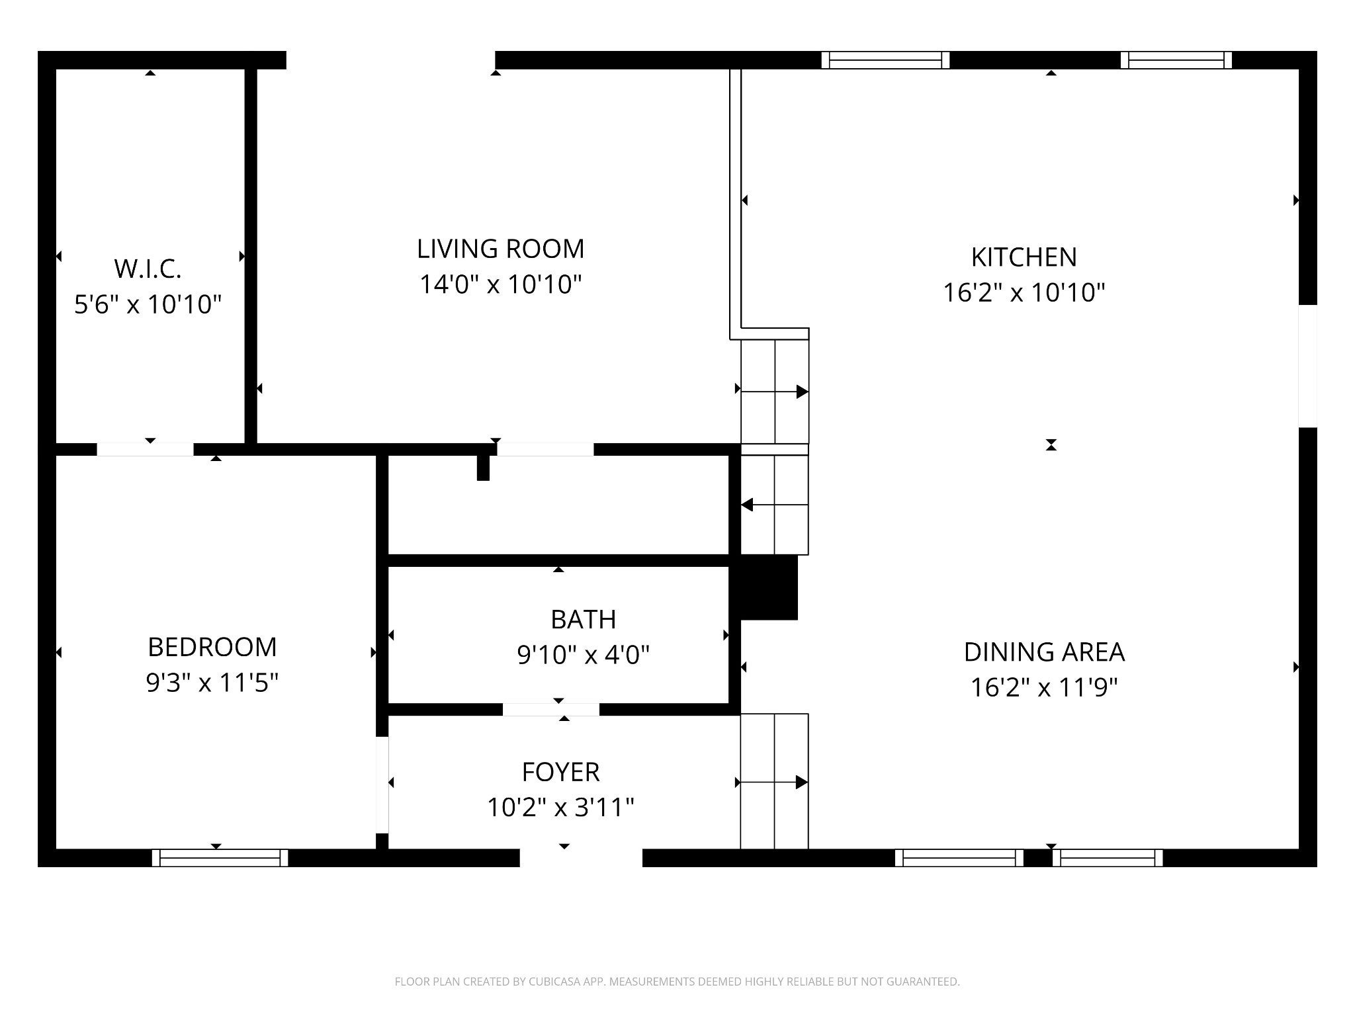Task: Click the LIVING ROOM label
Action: [501, 249]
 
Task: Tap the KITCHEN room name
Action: [1024, 257]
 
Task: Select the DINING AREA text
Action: [1044, 652]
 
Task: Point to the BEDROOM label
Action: [212, 647]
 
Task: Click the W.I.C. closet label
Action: [148, 269]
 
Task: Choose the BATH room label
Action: [584, 619]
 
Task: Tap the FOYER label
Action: [561, 772]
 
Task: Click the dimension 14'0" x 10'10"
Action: [501, 284]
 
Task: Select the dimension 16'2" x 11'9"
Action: [1044, 688]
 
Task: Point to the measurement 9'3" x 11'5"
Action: [212, 683]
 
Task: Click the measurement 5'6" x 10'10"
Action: [148, 304]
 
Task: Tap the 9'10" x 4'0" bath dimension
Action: [584, 655]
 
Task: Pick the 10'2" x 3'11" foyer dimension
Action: [561, 808]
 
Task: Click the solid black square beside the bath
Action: [769, 587]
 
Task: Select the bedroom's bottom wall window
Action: [220, 858]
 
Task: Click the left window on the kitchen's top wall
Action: [886, 60]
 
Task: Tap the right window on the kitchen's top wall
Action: [1176, 60]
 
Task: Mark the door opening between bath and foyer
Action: [551, 710]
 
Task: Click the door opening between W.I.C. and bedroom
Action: [146, 450]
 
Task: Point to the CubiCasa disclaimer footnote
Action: [677, 982]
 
